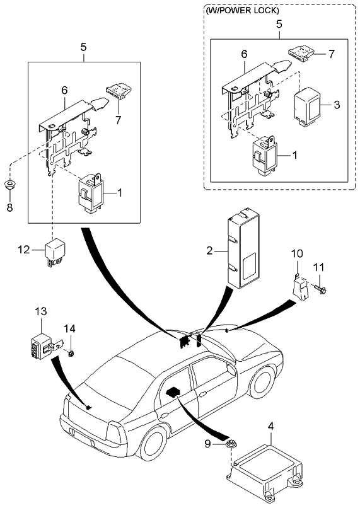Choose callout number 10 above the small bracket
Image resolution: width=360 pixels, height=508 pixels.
point(297,253)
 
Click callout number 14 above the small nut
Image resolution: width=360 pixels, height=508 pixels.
point(71,328)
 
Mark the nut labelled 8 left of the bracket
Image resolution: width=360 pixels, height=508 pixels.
point(9,185)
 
